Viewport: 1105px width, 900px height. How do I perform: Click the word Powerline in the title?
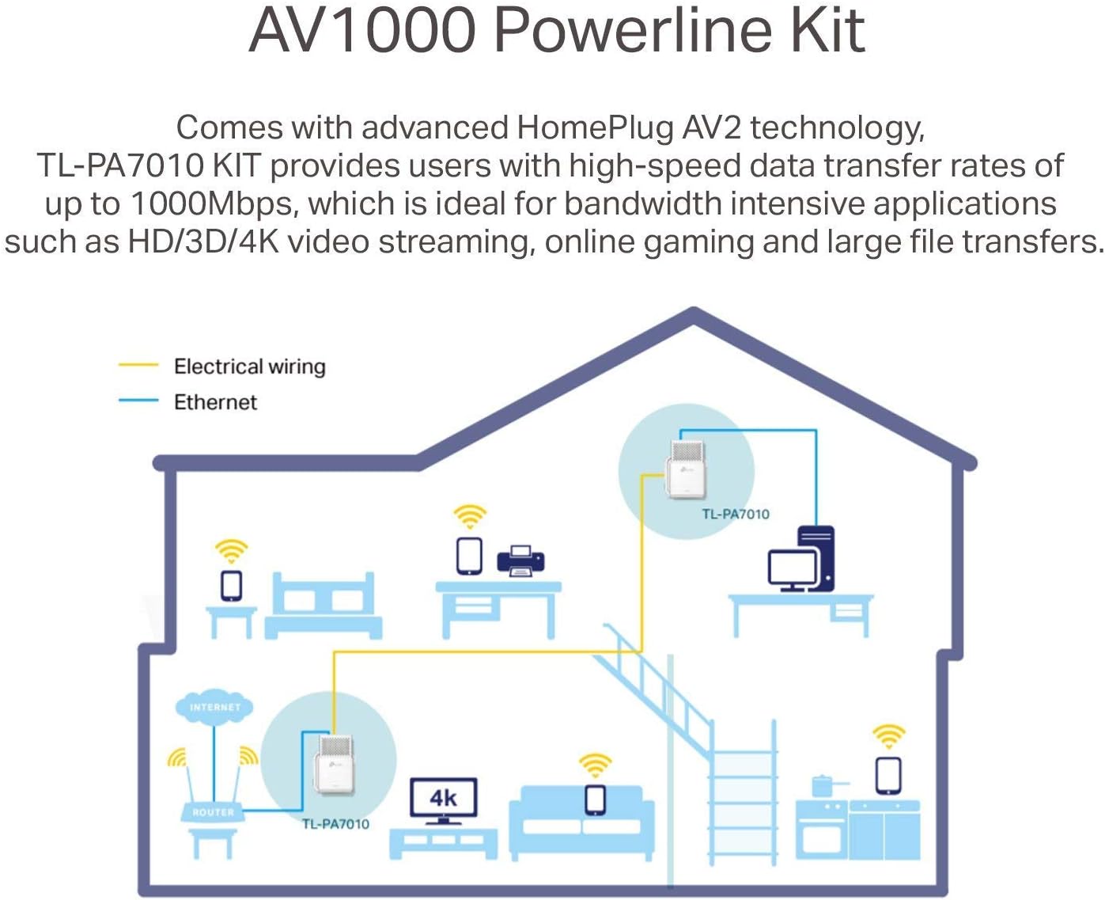[632, 31]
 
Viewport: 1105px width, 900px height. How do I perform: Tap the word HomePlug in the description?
[595, 128]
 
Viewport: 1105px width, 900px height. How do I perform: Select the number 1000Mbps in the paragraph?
[213, 203]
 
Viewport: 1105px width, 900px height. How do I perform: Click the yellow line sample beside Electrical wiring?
[138, 365]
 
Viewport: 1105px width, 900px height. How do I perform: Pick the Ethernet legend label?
[215, 402]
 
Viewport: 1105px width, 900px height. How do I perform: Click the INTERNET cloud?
[214, 706]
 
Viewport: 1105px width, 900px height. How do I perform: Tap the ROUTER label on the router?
[214, 812]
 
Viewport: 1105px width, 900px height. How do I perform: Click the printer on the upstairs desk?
[520, 560]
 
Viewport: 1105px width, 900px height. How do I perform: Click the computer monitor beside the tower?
[793, 571]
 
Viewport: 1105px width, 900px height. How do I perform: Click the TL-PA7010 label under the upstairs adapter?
[736, 514]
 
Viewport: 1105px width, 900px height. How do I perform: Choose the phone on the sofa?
[595, 799]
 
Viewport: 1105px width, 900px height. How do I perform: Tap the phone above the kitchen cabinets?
[888, 776]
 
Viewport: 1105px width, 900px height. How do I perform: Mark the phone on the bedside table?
[232, 586]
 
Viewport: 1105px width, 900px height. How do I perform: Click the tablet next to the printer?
[470, 556]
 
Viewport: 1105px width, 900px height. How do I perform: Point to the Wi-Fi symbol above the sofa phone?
[595, 765]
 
